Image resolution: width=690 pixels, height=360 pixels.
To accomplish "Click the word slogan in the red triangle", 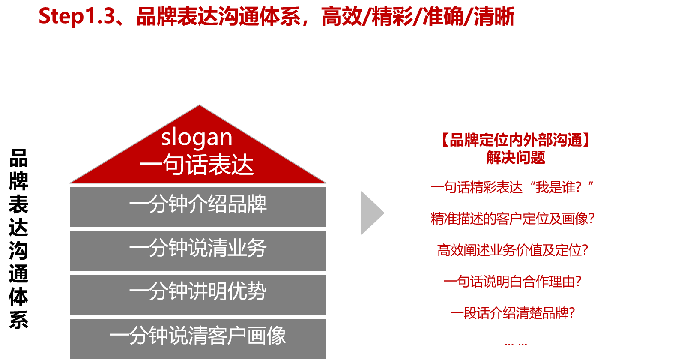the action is (197, 138).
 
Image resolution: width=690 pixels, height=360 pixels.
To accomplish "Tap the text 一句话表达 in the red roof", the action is (197, 165).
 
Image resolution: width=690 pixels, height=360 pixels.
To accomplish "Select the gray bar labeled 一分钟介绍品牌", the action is (198, 207).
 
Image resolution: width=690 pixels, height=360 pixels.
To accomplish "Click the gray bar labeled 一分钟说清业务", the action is (198, 251).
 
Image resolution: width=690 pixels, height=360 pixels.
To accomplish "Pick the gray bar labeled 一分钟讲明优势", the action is (198, 294).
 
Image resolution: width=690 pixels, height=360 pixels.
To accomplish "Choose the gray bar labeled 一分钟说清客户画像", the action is (198, 339).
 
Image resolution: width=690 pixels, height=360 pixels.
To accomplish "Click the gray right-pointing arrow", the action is (372, 213).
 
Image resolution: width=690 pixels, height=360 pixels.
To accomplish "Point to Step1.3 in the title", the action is (77, 16).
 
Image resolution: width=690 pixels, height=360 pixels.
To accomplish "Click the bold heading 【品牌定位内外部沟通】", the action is (516, 140).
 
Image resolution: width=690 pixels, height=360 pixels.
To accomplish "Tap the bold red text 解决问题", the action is (516, 158).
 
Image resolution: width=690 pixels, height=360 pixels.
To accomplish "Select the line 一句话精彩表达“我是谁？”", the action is (512, 187).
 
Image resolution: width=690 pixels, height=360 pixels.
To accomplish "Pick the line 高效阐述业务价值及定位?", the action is (513, 250).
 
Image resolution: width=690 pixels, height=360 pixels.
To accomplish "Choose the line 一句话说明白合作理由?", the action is (513, 282).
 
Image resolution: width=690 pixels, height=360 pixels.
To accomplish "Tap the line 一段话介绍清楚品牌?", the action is (513, 313).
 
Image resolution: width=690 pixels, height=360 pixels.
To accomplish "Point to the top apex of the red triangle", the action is (199, 105).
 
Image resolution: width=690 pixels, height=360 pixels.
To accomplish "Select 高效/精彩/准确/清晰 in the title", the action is (418, 16).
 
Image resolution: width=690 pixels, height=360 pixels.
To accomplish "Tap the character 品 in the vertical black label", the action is (18, 158).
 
